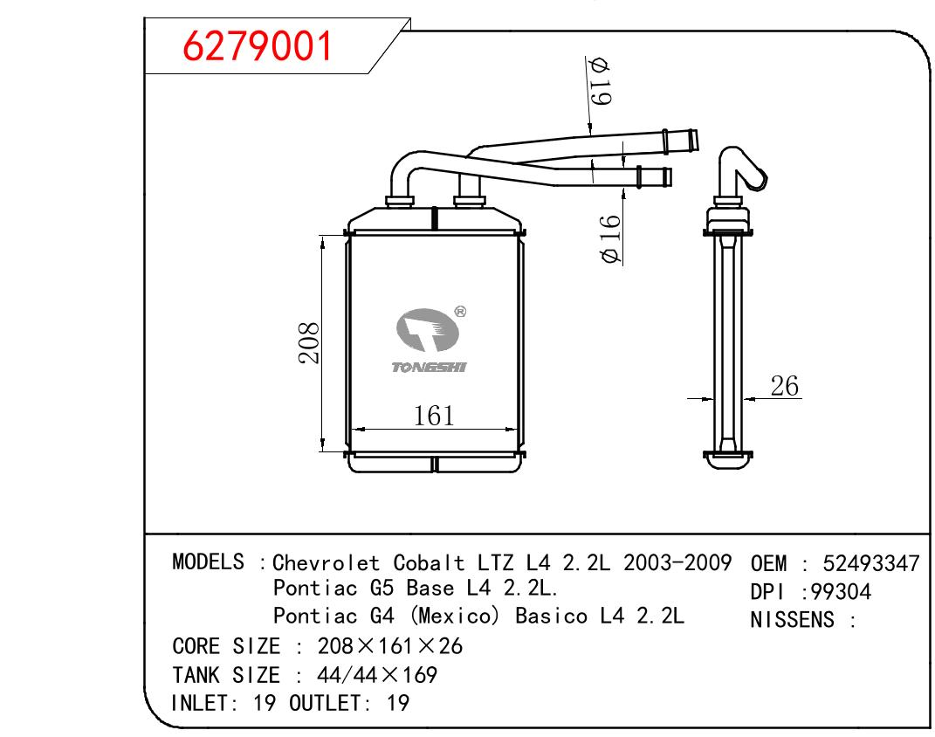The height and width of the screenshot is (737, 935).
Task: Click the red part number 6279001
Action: (x=257, y=46)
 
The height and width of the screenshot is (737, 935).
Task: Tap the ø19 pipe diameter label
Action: (x=599, y=82)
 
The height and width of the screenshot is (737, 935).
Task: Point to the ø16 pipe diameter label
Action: (x=610, y=239)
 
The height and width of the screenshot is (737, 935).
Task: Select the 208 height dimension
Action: (x=309, y=343)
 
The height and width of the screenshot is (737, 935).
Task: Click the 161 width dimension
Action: (x=434, y=416)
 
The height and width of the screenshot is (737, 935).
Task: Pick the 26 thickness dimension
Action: (x=784, y=386)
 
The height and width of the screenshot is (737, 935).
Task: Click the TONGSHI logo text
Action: (x=429, y=368)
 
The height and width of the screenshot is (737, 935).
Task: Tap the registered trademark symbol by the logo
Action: (x=460, y=312)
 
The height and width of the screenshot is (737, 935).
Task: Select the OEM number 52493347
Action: (x=871, y=563)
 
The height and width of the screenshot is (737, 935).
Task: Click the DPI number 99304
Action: (x=841, y=592)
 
